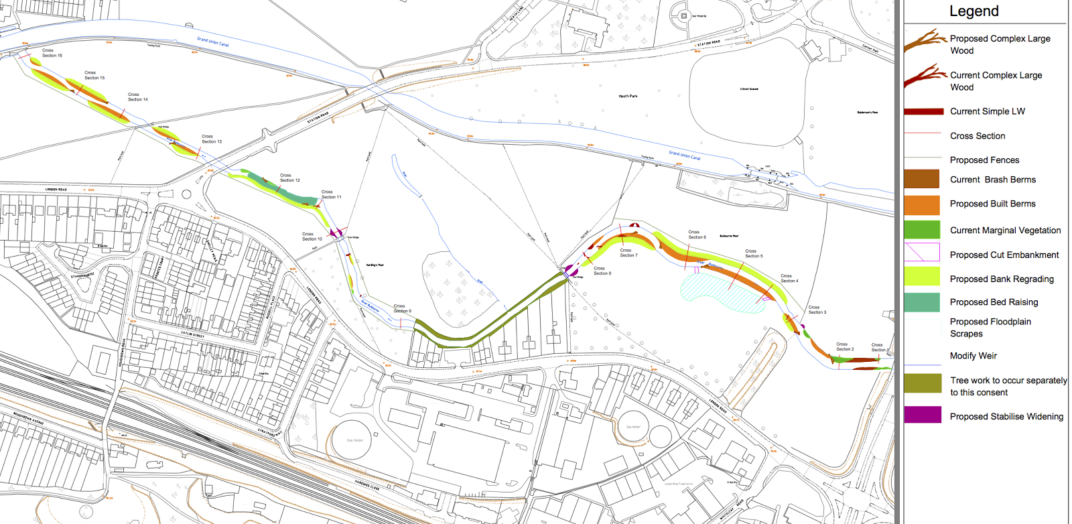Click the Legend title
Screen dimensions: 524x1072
[974, 11]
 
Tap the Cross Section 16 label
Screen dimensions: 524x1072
[52, 53]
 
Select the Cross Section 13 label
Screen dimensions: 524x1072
[211, 139]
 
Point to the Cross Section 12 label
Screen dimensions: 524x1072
[289, 178]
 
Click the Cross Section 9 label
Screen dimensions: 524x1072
[402, 308]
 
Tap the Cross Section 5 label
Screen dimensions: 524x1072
[753, 253]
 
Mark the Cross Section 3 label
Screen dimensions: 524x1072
[817, 310]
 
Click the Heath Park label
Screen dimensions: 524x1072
[628, 96]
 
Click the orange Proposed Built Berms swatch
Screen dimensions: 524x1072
[921, 204]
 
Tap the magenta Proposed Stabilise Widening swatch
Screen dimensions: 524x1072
[922, 415]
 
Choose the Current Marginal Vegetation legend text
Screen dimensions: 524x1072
[1005, 231]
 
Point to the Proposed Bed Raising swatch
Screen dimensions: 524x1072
[921, 302]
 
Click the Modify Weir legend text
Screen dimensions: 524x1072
[973, 356]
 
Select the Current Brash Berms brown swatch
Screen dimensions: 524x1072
[921, 179]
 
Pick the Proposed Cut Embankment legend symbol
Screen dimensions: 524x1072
[921, 253]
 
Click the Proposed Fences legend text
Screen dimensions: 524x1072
[984, 160]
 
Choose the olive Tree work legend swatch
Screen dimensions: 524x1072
[922, 383]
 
